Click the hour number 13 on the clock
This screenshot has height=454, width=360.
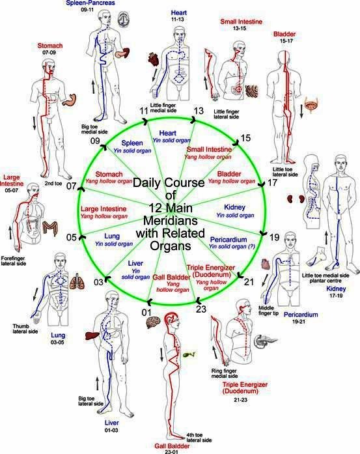point(199,111)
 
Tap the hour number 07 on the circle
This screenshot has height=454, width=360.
point(71,186)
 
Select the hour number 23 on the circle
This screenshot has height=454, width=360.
point(201,309)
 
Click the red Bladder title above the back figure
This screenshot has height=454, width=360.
point(284,34)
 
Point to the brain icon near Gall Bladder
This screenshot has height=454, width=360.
point(153,322)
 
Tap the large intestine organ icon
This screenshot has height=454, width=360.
point(50,229)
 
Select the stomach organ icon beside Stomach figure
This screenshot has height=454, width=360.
point(70,99)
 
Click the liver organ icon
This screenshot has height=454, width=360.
point(92,335)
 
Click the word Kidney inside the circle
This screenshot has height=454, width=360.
point(235,207)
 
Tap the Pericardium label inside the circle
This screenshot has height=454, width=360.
point(228,240)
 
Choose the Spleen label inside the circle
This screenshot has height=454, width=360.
point(132,143)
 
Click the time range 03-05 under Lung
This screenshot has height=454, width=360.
point(57,342)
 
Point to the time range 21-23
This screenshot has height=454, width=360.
point(241,400)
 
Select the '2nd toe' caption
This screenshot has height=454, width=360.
point(53,183)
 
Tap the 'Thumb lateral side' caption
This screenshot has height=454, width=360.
point(25,329)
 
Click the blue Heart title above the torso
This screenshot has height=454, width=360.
point(179,13)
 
